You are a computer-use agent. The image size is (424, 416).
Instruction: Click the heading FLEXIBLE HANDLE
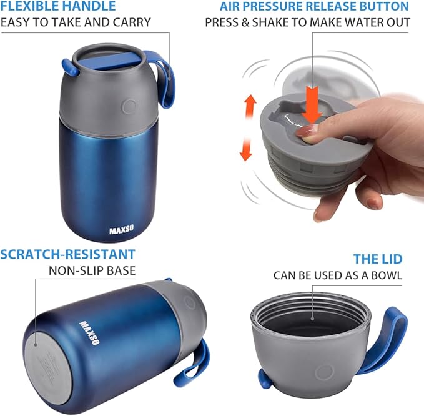[58, 7]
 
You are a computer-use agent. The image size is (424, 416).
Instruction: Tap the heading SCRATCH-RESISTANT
[68, 254]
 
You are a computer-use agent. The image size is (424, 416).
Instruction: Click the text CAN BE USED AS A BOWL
[337, 275]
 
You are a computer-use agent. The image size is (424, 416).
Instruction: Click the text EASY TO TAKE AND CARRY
[76, 22]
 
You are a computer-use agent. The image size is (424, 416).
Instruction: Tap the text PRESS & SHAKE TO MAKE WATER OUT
[308, 22]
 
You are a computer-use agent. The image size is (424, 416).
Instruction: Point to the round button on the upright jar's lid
[129, 106]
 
